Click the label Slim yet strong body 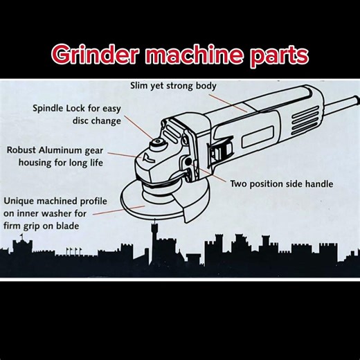click(x=174, y=87)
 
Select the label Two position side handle click(x=281, y=184)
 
